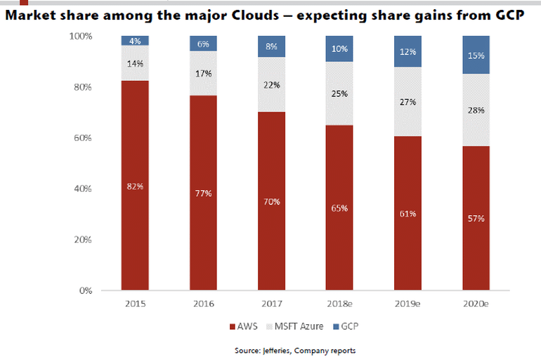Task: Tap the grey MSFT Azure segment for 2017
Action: coord(271,84)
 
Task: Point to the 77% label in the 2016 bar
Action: coord(203,193)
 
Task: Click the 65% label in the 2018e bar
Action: coord(339,209)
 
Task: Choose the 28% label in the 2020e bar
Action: coord(476,110)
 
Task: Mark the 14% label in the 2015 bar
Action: coord(135,64)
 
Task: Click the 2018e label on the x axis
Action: coord(339,307)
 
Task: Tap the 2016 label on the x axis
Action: coord(203,307)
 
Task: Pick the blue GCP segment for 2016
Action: coord(203,43)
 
